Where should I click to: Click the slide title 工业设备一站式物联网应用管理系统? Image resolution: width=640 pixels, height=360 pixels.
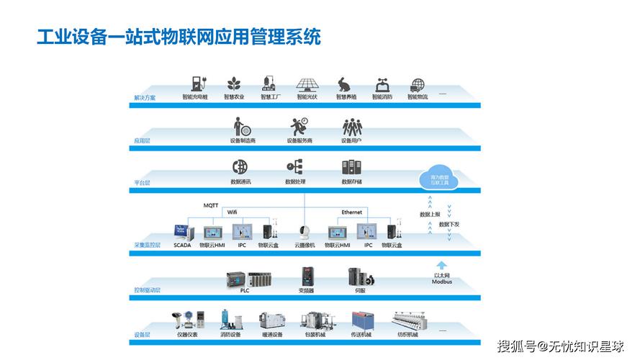pos(179,36)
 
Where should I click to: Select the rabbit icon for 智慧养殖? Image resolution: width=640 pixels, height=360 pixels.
pos(344,84)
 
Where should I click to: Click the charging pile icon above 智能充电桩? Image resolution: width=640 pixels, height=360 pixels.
pos(195,83)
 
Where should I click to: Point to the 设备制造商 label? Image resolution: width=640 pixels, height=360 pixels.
pos(243,140)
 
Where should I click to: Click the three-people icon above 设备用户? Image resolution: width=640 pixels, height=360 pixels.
pos(351,127)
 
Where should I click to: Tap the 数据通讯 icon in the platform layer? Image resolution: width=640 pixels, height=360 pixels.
pos(240,167)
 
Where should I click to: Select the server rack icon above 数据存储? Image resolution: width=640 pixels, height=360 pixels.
pos(351,167)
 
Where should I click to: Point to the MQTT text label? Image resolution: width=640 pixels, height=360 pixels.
pos(211,206)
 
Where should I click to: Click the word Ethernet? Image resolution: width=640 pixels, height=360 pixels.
pos(351,212)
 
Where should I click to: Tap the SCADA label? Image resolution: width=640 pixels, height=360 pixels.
pos(182,246)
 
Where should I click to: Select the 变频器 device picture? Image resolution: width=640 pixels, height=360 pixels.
pos(306,276)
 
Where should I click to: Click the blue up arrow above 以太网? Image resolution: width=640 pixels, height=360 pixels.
pos(442,265)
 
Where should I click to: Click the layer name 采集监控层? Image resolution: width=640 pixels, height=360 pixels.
pos(148,246)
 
